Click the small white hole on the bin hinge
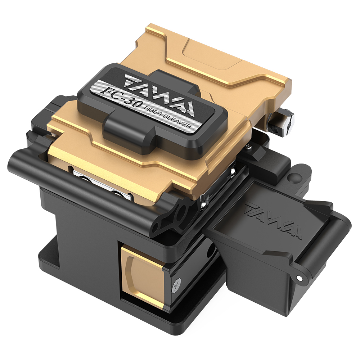(x=300, y=278)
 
